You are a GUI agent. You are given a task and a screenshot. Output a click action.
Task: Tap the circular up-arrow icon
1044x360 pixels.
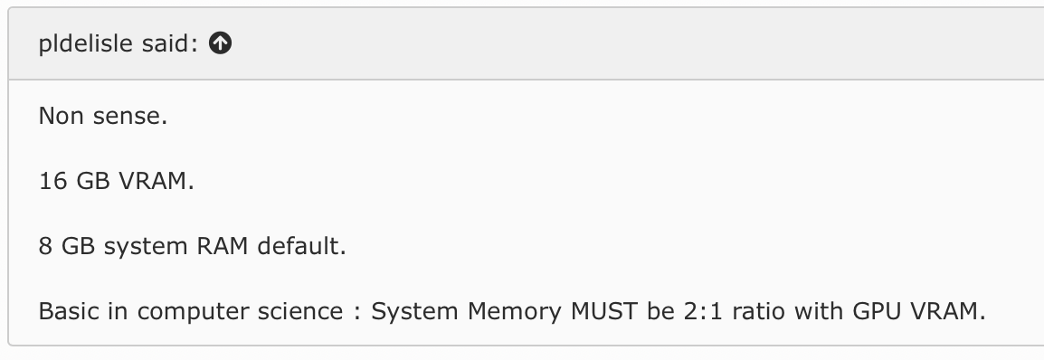pyautogui.click(x=221, y=43)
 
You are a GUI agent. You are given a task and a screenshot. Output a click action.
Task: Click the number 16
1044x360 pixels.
pyautogui.click(x=53, y=181)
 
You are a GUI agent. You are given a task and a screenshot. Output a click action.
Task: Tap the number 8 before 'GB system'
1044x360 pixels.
pyautogui.click(x=45, y=246)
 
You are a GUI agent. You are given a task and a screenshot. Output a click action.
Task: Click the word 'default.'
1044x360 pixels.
pyautogui.click(x=301, y=246)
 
